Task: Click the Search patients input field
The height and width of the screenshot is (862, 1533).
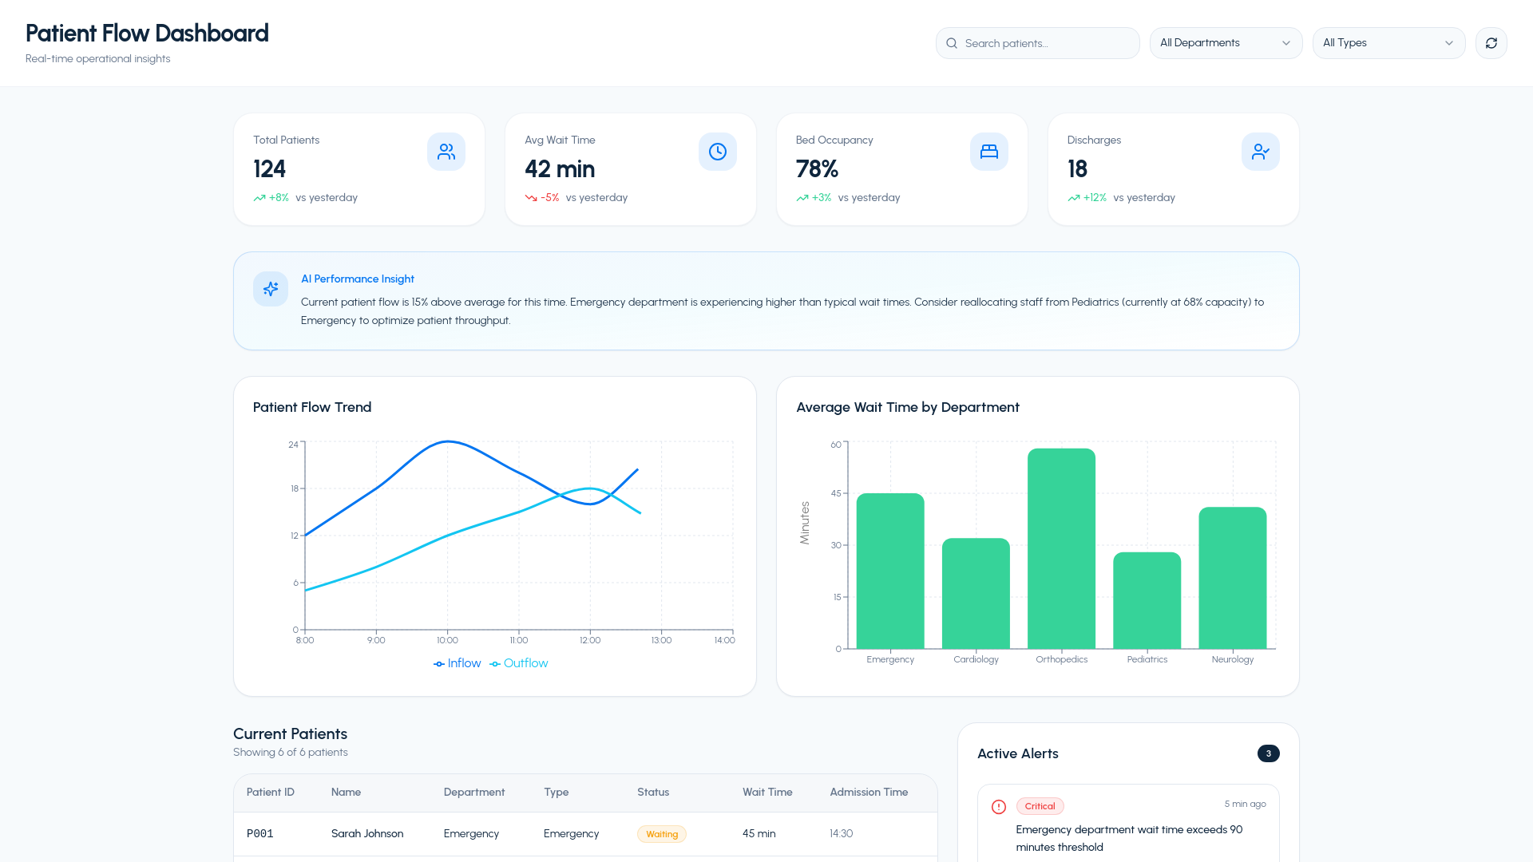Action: (x=1037, y=43)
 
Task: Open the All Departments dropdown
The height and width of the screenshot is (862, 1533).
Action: (x=1226, y=43)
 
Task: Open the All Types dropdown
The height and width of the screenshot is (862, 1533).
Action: (x=1388, y=43)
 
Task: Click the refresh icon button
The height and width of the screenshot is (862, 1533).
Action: (x=1491, y=43)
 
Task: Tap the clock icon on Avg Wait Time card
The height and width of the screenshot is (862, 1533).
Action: (x=717, y=152)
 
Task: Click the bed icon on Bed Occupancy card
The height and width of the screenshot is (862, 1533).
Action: (x=988, y=152)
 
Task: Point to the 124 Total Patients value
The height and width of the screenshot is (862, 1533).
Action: (x=269, y=169)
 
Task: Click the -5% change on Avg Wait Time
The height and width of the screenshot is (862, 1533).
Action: (x=550, y=198)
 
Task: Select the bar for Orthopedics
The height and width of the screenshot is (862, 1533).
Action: (x=1061, y=548)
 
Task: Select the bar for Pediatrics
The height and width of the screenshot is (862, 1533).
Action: (x=1147, y=600)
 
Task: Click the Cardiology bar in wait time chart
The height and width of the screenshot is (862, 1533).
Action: (x=976, y=593)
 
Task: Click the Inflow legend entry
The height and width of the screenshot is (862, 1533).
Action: (x=457, y=663)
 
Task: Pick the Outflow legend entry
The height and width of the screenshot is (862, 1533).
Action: (x=519, y=663)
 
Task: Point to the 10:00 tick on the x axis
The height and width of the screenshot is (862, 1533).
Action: (x=447, y=640)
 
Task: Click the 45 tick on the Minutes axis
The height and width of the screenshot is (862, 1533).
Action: (x=836, y=493)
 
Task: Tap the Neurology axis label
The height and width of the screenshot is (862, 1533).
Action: (x=1232, y=659)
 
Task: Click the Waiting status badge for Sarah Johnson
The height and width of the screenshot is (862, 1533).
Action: (x=662, y=834)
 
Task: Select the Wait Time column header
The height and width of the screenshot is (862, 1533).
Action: (x=767, y=793)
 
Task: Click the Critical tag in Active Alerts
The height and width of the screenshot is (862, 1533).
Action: (x=1040, y=806)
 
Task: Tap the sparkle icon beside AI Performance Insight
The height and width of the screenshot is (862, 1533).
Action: (x=271, y=289)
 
